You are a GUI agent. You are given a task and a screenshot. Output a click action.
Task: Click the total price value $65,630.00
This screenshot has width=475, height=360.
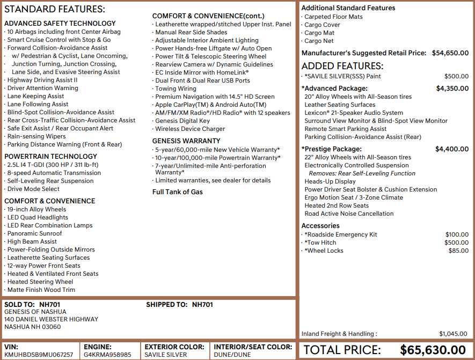point(433,350)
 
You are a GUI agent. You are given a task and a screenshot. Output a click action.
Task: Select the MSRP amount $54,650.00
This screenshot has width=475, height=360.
point(450,53)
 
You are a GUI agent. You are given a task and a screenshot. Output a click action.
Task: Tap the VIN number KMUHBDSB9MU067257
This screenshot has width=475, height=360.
point(39,355)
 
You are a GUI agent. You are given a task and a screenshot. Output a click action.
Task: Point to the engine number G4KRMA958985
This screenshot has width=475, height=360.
point(107,355)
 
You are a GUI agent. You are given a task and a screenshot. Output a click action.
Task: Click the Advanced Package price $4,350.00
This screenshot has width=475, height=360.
point(452,89)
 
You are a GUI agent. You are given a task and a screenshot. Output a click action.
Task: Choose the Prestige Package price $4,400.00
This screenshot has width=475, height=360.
point(452,149)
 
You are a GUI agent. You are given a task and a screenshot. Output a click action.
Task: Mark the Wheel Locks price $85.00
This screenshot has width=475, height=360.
point(458,251)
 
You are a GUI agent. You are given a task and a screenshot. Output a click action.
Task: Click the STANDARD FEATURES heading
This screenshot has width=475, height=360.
point(55,10)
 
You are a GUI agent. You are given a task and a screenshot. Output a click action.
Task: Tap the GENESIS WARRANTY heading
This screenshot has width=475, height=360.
point(186,141)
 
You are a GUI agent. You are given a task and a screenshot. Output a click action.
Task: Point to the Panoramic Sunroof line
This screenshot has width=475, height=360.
point(34,233)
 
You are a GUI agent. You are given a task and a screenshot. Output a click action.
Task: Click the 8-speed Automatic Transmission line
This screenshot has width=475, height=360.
point(54,173)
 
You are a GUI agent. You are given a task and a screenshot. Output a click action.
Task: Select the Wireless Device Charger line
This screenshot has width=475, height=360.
point(190,129)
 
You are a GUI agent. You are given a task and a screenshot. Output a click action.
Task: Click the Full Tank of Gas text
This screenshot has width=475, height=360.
point(178,192)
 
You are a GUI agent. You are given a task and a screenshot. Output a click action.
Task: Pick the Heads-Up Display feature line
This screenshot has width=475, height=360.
point(330,181)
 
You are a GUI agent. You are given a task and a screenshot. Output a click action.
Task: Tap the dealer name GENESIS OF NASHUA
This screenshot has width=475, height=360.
point(35,312)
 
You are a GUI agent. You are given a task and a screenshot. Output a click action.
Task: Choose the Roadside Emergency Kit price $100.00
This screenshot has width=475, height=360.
point(457,234)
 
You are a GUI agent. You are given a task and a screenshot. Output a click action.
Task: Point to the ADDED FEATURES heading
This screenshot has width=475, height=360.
point(342,66)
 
